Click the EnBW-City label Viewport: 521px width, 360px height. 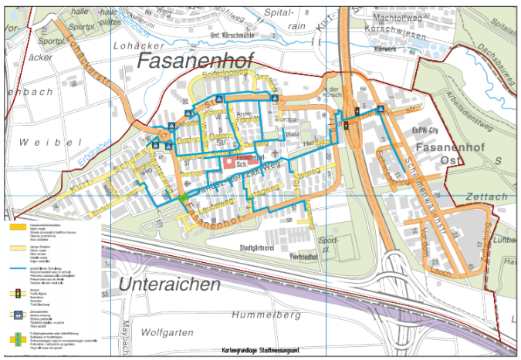[425, 130]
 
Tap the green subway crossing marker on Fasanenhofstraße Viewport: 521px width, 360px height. [184, 199]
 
